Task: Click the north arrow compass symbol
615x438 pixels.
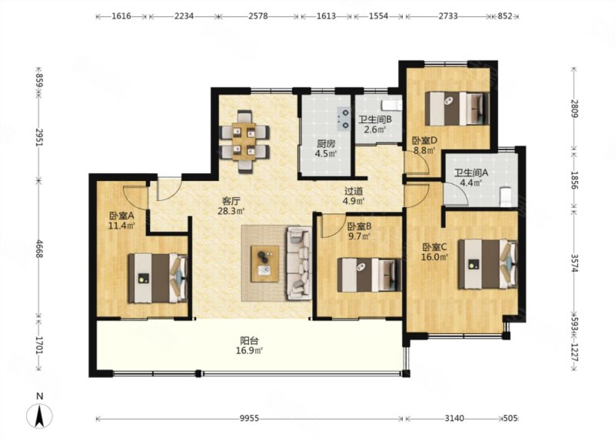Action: coord(39,416)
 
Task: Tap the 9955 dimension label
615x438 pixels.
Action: coord(249,418)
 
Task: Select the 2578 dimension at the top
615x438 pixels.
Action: coord(258,16)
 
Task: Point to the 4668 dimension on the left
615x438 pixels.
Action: coord(39,249)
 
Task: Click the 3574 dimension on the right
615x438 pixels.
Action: coord(574,262)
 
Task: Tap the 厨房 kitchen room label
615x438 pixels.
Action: coord(326,143)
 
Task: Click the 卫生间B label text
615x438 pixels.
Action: coord(375,119)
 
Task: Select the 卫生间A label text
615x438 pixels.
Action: coord(470,172)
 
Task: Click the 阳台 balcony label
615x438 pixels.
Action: coord(249,340)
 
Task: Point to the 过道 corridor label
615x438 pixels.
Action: coord(354,192)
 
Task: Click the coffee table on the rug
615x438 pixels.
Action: coord(265,263)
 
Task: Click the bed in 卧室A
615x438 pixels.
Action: coord(158,278)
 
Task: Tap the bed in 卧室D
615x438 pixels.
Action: coord(457,109)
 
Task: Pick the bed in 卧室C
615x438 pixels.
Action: coord(488,264)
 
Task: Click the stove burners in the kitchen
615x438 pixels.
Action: coord(344,119)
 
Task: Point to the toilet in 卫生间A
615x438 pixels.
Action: coord(507,197)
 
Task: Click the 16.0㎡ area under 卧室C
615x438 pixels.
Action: coord(435,257)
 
